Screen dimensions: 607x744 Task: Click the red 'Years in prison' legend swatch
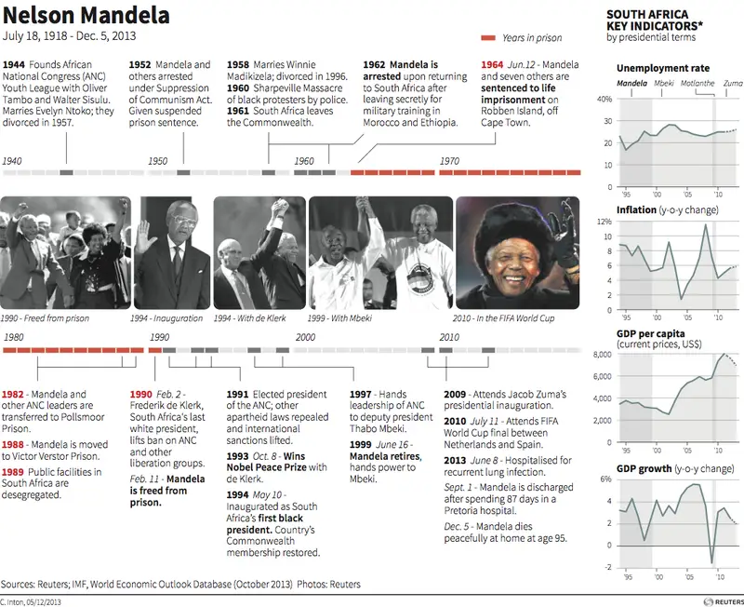coord(489,38)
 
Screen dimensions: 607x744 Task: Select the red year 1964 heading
coord(493,65)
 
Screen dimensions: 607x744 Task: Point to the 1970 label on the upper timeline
coord(450,161)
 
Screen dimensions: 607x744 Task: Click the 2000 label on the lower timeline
coord(305,337)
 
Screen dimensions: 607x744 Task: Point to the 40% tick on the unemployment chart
coord(604,99)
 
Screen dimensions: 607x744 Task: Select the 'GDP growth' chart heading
coord(644,468)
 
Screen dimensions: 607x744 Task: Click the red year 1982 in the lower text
coord(13,395)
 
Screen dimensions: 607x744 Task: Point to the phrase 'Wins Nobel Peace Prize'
coord(275,455)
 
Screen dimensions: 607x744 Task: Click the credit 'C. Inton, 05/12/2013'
coord(32,601)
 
